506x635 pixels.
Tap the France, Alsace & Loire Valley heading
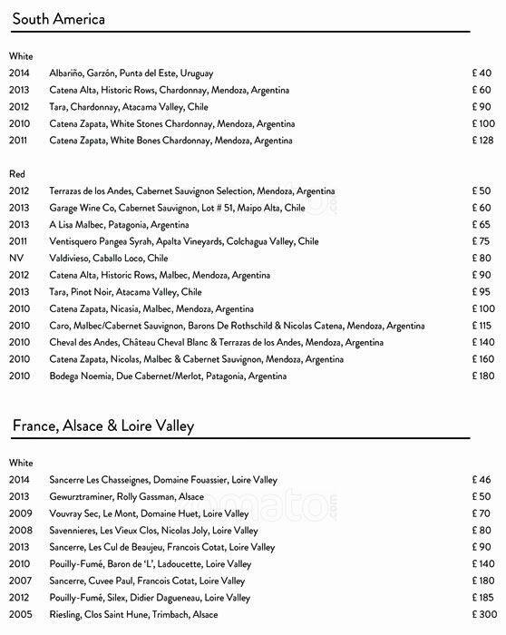102,425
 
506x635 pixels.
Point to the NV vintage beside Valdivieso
16,258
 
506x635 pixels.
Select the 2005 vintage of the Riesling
19,614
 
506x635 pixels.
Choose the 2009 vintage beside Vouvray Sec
19,513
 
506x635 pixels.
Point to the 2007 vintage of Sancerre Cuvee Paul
19,581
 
